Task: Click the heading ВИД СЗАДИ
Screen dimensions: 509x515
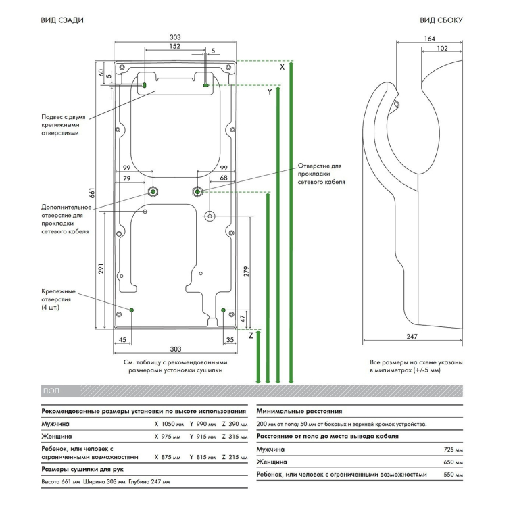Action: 63,21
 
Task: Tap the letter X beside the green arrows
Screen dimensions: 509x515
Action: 282,67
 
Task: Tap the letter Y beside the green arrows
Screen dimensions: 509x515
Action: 269,91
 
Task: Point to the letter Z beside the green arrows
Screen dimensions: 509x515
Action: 250,335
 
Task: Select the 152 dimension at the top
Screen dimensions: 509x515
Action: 175,46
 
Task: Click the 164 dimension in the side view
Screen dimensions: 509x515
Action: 428,39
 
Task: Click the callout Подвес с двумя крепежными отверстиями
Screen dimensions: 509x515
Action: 62,125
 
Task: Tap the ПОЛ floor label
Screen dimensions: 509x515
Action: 51,391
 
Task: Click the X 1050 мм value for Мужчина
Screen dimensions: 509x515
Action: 167,424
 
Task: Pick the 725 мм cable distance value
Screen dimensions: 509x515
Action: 449,449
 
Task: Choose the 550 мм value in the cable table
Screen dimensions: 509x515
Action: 449,475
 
